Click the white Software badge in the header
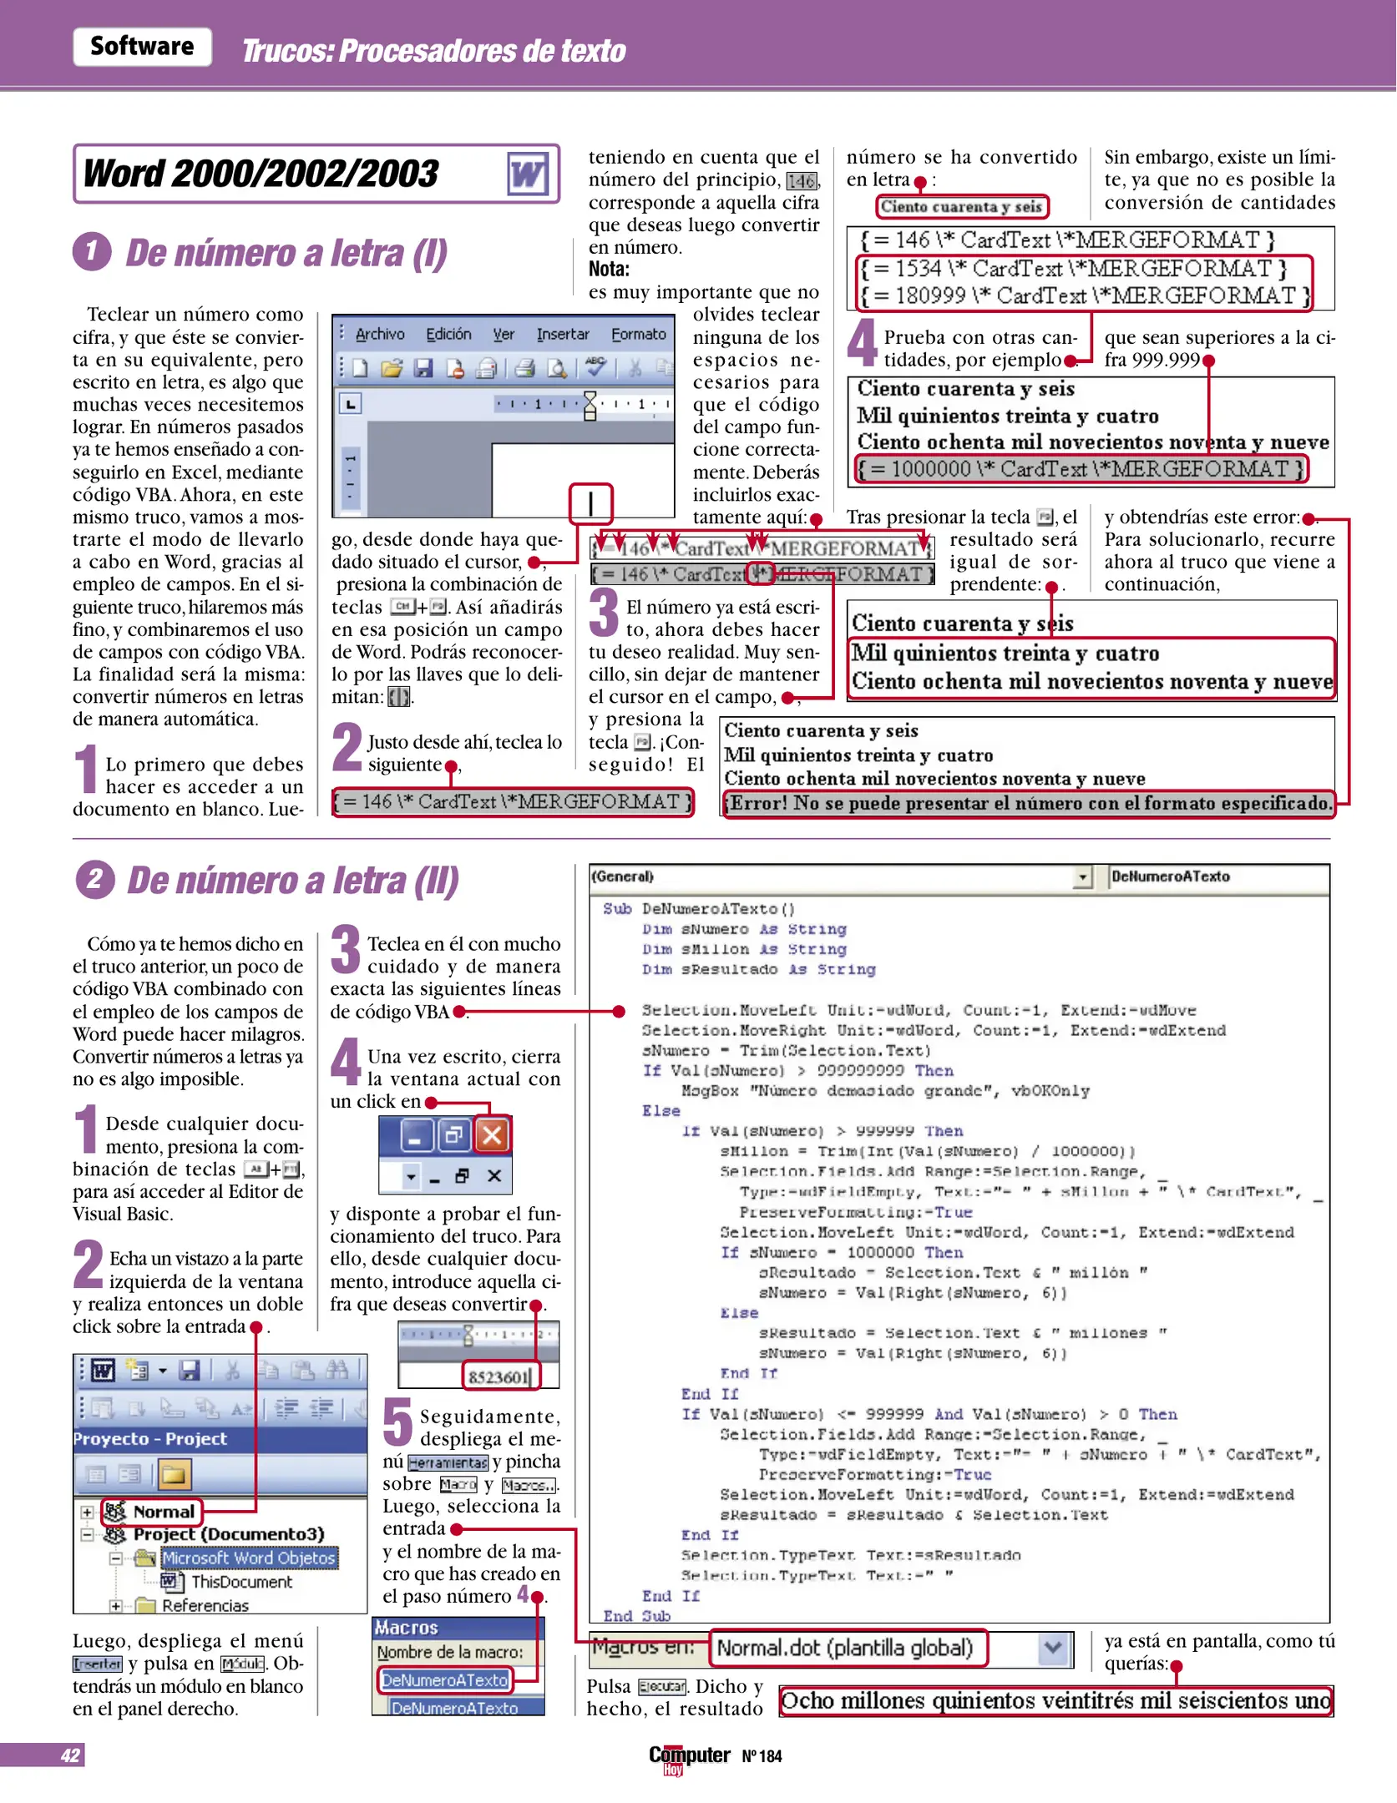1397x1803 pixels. [142, 46]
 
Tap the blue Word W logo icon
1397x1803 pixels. [528, 174]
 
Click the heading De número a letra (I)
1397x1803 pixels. [286, 253]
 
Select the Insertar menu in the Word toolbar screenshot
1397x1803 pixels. [562, 334]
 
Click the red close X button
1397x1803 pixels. [493, 1135]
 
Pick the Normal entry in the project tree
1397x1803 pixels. [163, 1512]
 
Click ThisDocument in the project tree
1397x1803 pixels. [241, 1582]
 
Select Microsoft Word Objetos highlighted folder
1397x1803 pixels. [248, 1558]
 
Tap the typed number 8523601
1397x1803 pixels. [499, 1376]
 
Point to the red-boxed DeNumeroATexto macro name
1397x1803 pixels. [445, 1679]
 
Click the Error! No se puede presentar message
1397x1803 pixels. [1030, 803]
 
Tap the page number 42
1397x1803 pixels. [70, 1755]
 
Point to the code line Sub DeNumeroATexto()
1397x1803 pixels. [698, 908]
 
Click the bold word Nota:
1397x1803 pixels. [609, 269]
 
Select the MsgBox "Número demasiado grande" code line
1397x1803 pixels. [884, 1090]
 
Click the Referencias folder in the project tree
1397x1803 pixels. [205, 1605]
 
